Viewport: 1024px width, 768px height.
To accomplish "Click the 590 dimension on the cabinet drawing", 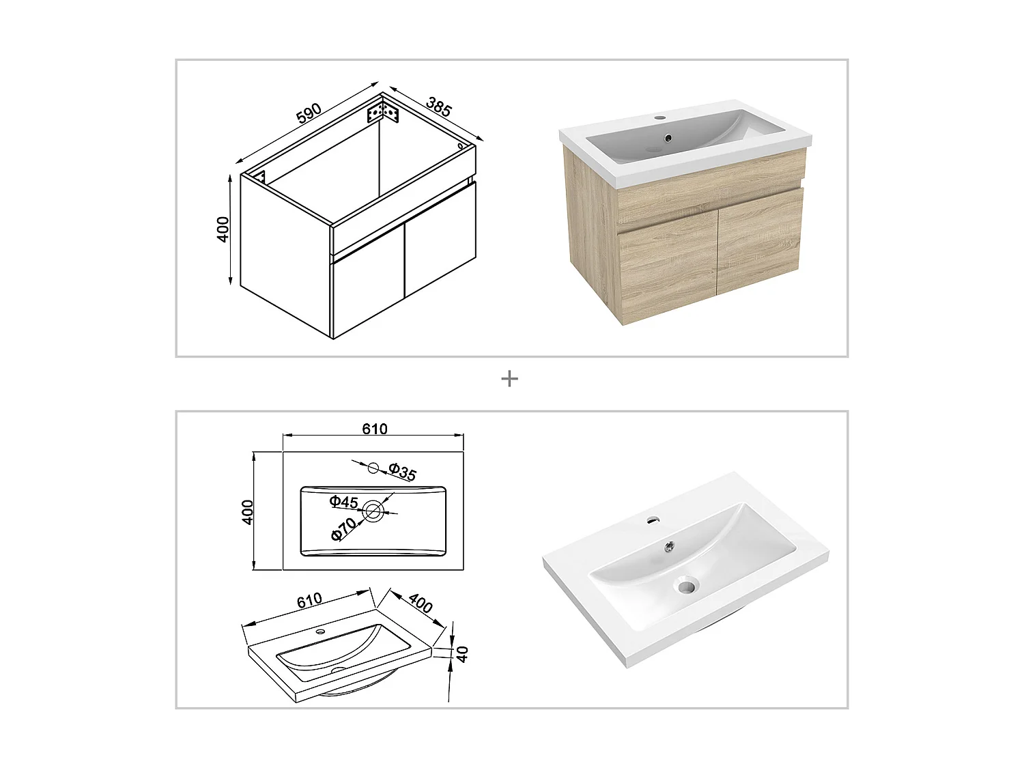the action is (309, 113).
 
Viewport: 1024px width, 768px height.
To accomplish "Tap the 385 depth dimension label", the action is (438, 106).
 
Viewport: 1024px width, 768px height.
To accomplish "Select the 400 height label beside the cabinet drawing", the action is (223, 229).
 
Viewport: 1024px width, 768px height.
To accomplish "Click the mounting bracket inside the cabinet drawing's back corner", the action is (383, 112).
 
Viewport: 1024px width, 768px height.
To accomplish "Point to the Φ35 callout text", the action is (402, 472).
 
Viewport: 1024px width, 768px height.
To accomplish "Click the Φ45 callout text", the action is (343, 502).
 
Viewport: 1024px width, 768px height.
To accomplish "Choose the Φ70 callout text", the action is (344, 529).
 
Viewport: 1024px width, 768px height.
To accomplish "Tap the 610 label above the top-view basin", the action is (375, 429).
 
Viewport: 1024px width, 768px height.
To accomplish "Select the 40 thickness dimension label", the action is (462, 654).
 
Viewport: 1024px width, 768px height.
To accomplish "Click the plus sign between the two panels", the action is (509, 379).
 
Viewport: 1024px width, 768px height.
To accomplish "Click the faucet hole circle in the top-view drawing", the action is (373, 468).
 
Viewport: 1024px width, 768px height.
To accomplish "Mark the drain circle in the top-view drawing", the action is (372, 511).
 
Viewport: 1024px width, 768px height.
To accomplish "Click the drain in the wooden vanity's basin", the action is (668, 138).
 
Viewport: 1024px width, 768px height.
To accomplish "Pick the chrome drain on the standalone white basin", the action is (670, 544).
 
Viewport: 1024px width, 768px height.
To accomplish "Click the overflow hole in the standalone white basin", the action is (685, 585).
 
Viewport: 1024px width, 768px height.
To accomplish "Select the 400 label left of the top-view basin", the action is (247, 511).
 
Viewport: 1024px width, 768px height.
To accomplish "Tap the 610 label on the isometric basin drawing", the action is (309, 600).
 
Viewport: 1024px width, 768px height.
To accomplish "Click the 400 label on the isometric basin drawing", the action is (420, 603).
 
